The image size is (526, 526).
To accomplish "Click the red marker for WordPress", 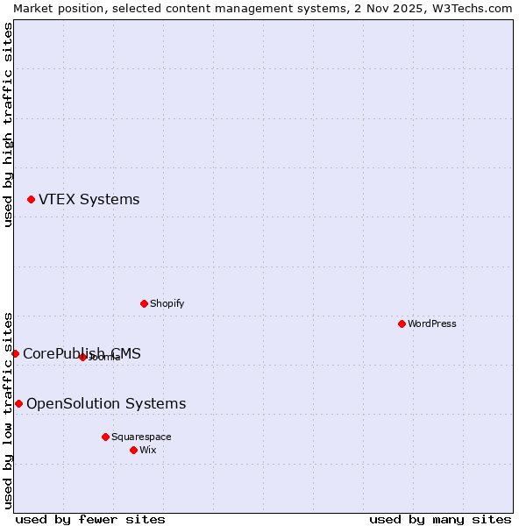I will (402, 323).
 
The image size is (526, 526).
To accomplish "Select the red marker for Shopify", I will (144, 303).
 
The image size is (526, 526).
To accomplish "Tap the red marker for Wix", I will (133, 450).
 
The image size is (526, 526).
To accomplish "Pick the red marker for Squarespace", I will (105, 437).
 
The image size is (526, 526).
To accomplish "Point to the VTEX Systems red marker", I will (31, 200).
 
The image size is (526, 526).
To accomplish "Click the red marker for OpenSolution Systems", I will (18, 403).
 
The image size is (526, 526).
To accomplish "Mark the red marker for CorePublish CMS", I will (15, 353).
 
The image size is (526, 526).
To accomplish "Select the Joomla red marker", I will (82, 357).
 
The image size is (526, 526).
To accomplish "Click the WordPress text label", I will (432, 323).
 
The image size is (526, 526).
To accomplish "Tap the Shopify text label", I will (167, 303).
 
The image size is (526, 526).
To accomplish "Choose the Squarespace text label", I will (141, 437).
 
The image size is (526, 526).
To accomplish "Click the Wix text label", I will (148, 450).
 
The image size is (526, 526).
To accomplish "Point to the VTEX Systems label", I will (89, 199).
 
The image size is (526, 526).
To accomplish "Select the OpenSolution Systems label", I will (106, 403).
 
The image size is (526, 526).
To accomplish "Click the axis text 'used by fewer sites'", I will (90, 519).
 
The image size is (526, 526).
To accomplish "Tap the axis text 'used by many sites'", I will (440, 519).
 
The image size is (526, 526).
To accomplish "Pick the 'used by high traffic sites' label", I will (8, 124).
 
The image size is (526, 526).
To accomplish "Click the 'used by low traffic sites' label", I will (8, 409).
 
